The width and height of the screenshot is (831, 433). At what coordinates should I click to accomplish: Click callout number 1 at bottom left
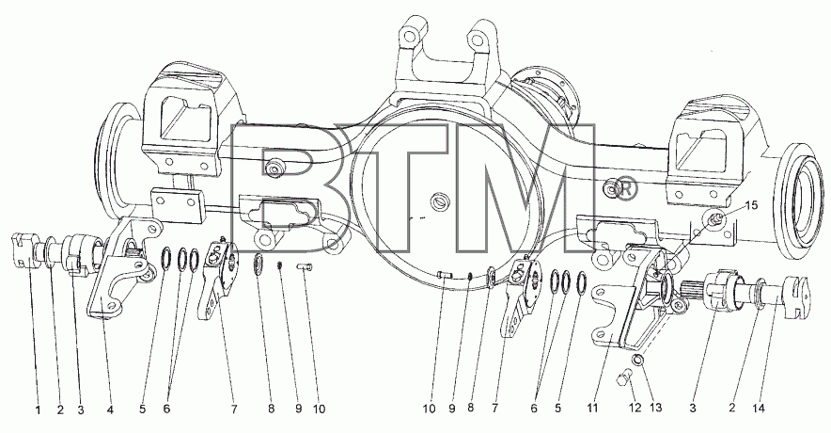click(x=37, y=409)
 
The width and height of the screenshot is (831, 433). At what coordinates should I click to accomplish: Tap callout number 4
click(x=110, y=409)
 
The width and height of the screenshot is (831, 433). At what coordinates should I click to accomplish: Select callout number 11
click(x=592, y=409)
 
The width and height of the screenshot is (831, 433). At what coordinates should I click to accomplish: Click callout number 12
click(x=635, y=409)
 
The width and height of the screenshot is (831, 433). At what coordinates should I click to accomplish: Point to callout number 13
click(x=656, y=409)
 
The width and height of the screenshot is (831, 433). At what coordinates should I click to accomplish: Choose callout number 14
click(x=759, y=409)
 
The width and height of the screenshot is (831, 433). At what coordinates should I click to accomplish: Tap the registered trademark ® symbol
click(x=626, y=189)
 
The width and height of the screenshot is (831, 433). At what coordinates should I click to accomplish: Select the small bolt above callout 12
click(x=624, y=379)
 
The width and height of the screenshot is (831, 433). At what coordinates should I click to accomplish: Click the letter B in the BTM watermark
click(x=275, y=188)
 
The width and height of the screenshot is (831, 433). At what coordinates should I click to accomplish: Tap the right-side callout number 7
click(x=495, y=409)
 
